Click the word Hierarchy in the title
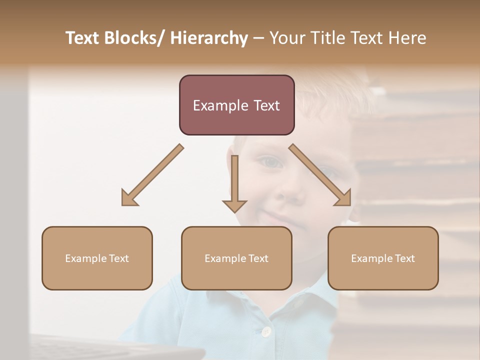click(209, 38)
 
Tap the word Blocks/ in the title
click(136, 38)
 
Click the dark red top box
click(236, 105)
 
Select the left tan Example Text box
click(97, 258)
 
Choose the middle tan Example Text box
click(236, 258)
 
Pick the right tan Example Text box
click(383, 258)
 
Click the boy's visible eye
click(270, 162)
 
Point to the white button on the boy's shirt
click(266, 331)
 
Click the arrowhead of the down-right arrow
click(344, 199)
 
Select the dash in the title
click(258, 38)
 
